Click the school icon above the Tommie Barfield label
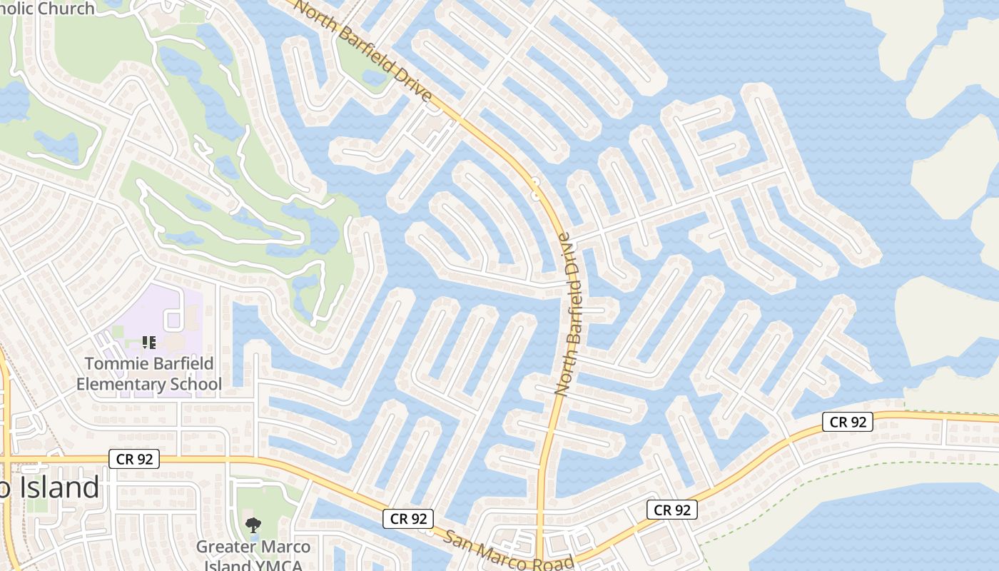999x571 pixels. click(x=149, y=343)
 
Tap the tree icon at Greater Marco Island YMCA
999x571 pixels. click(x=253, y=526)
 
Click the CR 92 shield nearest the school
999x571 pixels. click(x=134, y=459)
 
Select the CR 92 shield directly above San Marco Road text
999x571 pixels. click(x=408, y=519)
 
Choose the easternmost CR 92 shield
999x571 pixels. click(x=848, y=422)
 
